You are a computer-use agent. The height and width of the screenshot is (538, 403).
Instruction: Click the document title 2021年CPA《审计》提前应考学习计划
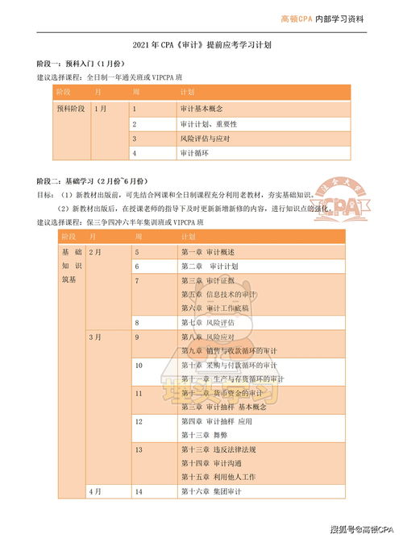point(201,46)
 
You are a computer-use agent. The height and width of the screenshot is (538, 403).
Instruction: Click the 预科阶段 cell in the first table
point(69,108)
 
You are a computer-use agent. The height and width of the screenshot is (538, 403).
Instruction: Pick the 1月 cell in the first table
point(100,108)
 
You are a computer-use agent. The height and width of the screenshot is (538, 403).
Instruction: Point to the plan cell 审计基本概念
point(202,108)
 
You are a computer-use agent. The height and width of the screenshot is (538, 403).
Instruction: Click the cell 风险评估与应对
point(206,139)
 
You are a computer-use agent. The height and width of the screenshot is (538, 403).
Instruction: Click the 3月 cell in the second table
point(94,336)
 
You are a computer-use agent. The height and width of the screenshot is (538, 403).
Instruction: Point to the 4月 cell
point(94,490)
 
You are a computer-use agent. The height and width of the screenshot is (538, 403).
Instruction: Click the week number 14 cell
point(139,490)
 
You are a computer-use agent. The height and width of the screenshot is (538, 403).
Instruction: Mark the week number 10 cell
point(139,365)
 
